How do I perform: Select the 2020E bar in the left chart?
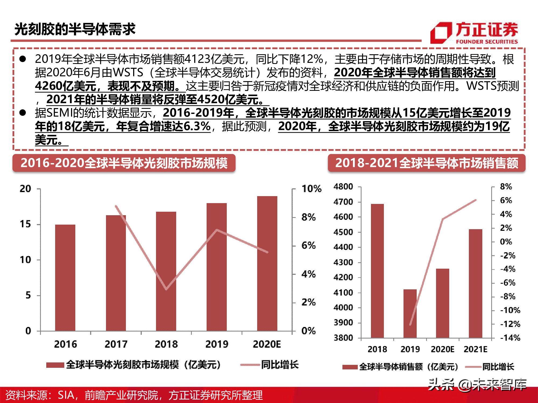tap(267, 263)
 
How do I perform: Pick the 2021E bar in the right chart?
tap(475, 283)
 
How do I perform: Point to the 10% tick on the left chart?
tap(311, 189)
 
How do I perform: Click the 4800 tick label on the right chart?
tap(343, 187)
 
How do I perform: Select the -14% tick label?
tap(510, 338)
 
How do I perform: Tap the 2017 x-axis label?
tap(116, 344)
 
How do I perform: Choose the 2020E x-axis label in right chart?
tap(443, 349)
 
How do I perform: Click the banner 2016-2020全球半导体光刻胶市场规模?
tap(124, 163)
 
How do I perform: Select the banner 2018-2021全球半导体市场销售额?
tap(426, 163)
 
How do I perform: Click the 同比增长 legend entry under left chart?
tap(280, 365)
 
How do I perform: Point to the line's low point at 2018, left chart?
tap(166, 289)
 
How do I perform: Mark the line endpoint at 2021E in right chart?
tap(475, 200)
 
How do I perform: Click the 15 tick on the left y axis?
tap(25, 224)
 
